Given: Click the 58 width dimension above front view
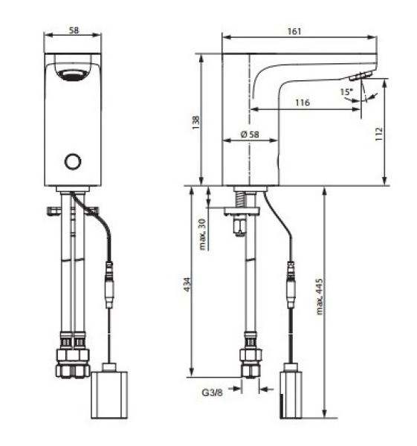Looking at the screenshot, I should pos(73,31).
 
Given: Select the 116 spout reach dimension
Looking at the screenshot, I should pos(302,103).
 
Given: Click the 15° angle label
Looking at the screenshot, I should pos(346,92).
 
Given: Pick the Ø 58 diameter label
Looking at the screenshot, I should pos(249,135).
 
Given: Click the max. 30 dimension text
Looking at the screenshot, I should pos(203,233).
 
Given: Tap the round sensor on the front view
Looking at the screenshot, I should pos(72,161).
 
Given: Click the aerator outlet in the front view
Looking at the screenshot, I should pos(72,74).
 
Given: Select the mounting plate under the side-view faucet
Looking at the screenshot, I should pos(243,211).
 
